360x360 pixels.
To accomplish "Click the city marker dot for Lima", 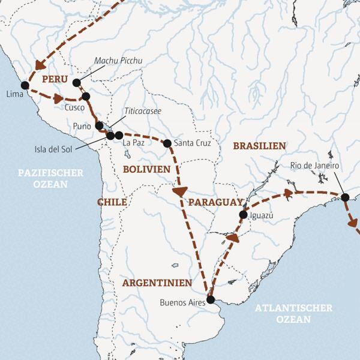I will [25, 85].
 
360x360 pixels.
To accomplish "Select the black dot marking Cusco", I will [86, 96].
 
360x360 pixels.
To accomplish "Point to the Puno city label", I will [81, 127].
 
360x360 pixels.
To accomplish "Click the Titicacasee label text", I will [143, 111].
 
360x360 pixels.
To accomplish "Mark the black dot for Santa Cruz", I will [167, 143].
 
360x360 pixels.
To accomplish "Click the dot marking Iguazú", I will [243, 214].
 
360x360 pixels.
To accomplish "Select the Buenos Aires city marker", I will [210, 299].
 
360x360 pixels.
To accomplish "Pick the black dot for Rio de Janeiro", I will [345, 197].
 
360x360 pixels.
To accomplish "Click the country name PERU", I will [54, 79].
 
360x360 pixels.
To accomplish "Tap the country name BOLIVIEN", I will [147, 170].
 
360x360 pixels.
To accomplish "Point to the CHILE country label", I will [112, 202].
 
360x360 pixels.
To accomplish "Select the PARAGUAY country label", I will [215, 203].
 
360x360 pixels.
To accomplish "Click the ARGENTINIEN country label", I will [157, 283].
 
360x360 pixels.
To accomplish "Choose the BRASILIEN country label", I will [259, 146].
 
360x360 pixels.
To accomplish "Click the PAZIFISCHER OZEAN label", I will [50, 178].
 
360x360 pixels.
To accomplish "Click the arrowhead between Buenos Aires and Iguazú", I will [232, 238].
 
